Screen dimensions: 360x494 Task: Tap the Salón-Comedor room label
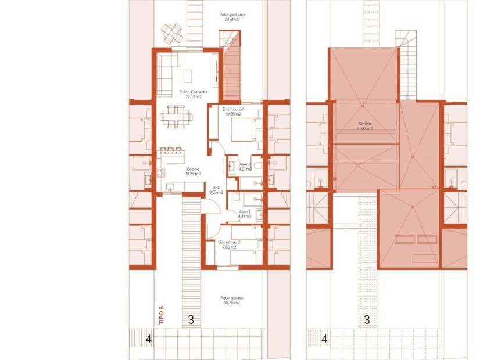189,94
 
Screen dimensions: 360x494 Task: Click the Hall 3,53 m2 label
216,190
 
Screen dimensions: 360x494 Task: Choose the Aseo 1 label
244,214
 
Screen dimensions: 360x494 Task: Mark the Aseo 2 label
245,167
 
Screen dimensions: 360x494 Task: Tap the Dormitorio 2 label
230,244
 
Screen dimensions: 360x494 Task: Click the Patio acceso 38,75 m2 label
230,300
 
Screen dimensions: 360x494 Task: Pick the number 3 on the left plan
191,319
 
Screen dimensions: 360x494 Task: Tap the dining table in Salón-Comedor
177,116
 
